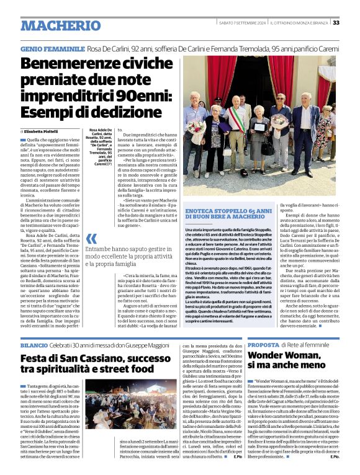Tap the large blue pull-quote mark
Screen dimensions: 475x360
[x=91, y=238]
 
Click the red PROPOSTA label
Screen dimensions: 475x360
[x=263, y=344]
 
